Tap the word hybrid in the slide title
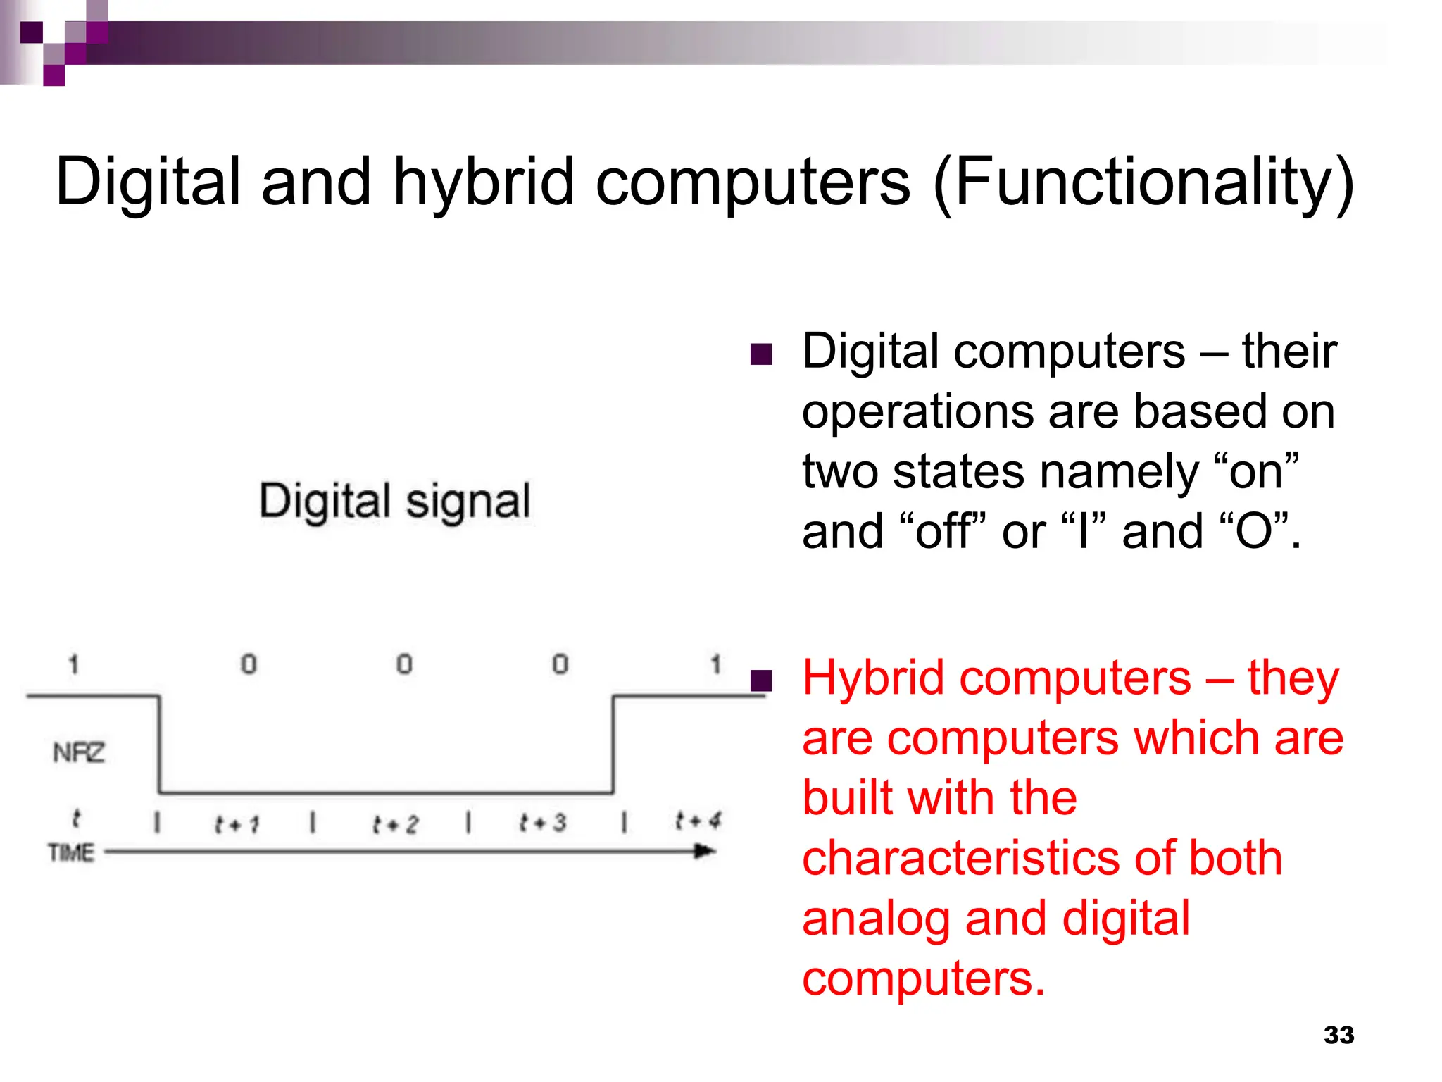[x=483, y=182]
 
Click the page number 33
[x=1338, y=1035]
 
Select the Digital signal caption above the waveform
[x=395, y=502]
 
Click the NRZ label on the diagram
[x=79, y=752]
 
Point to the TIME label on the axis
[x=71, y=852]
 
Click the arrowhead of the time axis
[x=705, y=852]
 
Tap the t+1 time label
[x=237, y=823]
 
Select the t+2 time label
[x=395, y=823]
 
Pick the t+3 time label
[x=543, y=822]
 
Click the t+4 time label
[x=698, y=821]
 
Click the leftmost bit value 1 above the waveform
[x=73, y=664]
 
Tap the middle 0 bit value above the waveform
[x=404, y=664]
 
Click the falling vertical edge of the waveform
[x=159, y=745]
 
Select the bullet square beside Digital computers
[x=761, y=354]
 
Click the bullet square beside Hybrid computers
[x=761, y=680]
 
